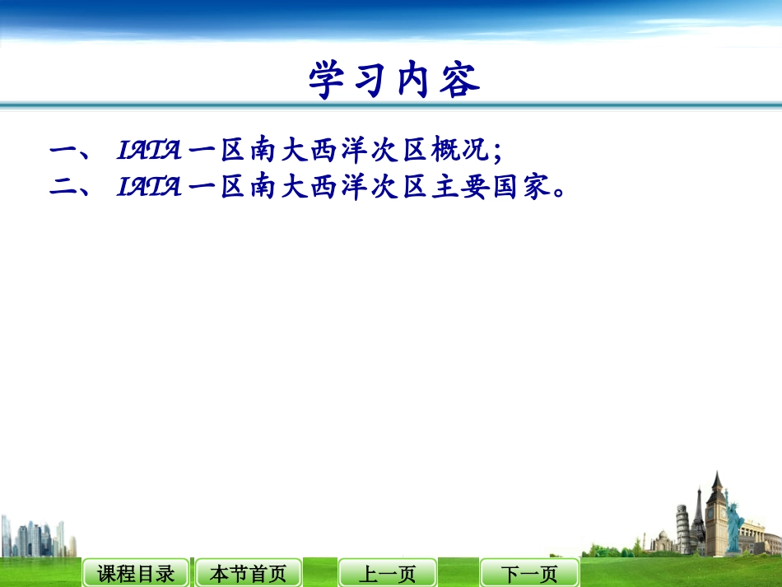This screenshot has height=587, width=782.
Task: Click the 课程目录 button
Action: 136,573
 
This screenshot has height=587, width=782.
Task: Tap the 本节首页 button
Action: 248,573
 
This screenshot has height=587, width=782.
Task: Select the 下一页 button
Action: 529,573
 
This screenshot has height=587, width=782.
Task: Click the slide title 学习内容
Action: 394,81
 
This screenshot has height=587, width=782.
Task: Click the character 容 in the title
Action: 460,81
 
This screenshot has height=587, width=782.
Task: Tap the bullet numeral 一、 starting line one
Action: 73,151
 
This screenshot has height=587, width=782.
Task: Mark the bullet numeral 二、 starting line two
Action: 73,189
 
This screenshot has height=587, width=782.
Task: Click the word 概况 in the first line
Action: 464,151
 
